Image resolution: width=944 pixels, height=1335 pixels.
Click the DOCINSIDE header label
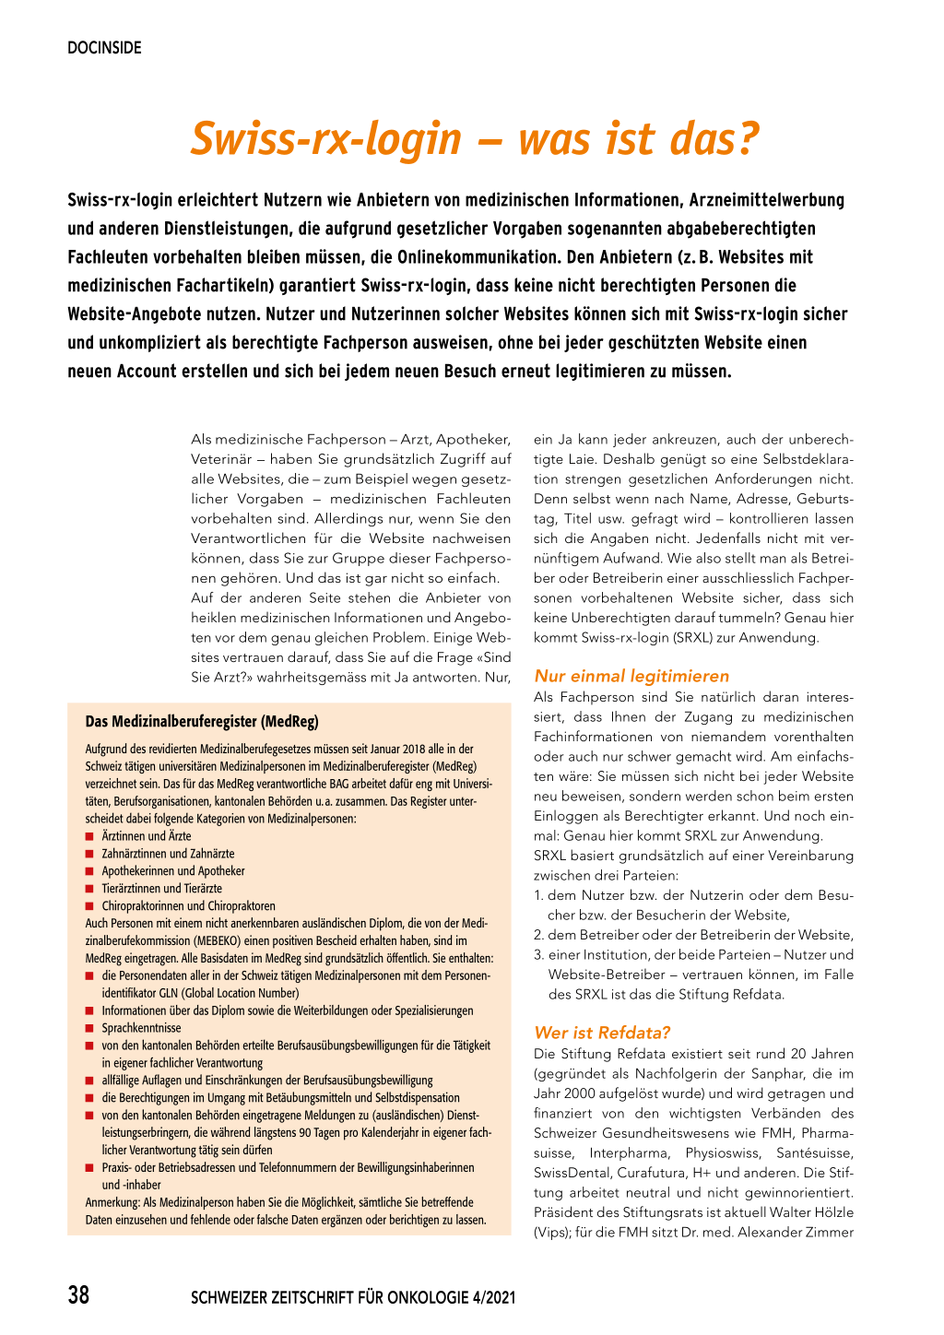click(x=104, y=48)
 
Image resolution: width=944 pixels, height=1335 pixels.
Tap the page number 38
click(x=78, y=1295)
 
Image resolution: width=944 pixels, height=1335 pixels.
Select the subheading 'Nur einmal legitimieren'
click(x=631, y=676)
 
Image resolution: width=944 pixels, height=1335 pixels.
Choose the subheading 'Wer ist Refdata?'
click(x=602, y=1033)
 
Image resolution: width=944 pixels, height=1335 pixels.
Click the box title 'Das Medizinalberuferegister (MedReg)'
click(x=202, y=721)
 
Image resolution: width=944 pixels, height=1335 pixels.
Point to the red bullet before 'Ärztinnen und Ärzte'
click(x=89, y=836)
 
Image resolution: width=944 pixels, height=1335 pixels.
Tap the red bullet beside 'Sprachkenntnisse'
click(x=89, y=1028)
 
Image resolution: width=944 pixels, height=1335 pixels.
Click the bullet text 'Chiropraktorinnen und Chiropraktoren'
click(x=188, y=906)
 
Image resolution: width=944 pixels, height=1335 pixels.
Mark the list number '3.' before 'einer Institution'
click(x=539, y=955)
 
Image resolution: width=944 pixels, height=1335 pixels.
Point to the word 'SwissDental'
click(x=577, y=1173)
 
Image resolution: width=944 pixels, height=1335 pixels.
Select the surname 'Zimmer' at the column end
click(x=829, y=1233)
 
